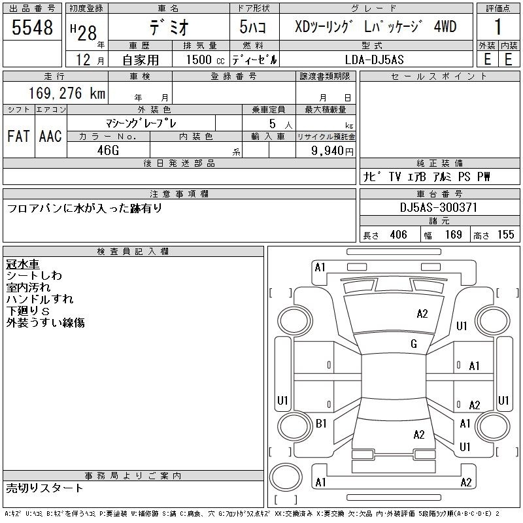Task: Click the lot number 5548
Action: coord(32,27)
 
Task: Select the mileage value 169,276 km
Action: coord(67,93)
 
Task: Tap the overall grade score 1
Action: coord(498,27)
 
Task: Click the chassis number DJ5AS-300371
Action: coord(439,207)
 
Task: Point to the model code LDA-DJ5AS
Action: coord(374,59)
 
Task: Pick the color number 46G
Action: coord(108,150)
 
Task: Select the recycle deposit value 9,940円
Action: coord(332,151)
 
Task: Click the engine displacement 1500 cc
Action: coord(205,59)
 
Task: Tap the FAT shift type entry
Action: coord(18,136)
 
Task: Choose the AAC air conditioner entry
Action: coord(50,136)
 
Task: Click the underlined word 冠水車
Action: coord(23,264)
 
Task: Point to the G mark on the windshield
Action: coord(414,344)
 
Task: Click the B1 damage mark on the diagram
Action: coord(321,424)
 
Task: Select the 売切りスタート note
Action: coord(44,488)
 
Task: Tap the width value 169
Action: coord(453,235)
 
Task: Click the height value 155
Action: coord(505,235)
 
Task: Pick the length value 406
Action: coord(398,235)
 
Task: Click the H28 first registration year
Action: coord(84,32)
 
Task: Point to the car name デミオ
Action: coord(169,27)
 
